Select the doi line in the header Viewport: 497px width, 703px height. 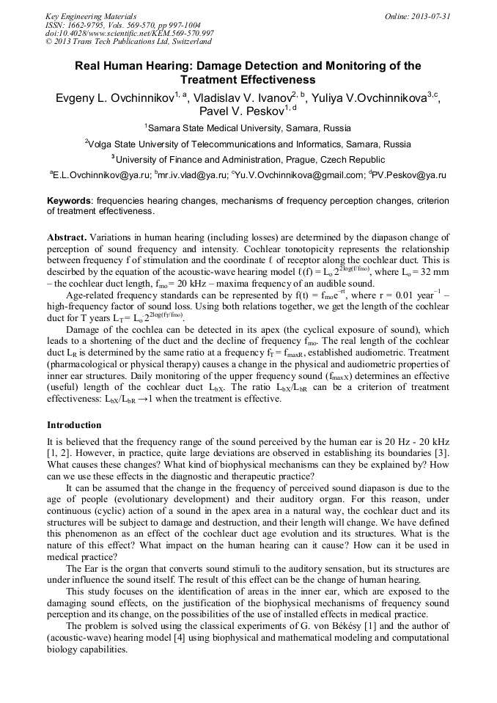(130, 33)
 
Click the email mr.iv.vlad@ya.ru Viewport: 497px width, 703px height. (192, 175)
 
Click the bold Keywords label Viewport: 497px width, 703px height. (69, 201)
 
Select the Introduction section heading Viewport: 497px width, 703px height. (74, 424)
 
